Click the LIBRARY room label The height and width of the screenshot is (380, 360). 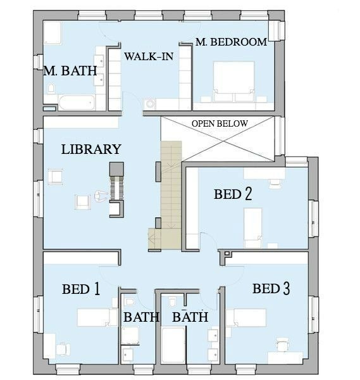tap(91, 149)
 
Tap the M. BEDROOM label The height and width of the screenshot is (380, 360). tap(231, 42)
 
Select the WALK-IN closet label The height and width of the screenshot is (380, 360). tap(149, 56)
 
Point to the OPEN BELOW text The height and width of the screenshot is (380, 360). tap(220, 123)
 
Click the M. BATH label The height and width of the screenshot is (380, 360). tap(70, 71)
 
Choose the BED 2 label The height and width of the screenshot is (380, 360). tap(233, 194)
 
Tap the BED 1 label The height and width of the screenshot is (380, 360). tap(81, 289)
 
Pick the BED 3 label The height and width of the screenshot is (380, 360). tap(271, 289)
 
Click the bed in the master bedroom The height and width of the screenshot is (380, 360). tap(233, 82)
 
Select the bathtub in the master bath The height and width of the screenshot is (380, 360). tap(77, 102)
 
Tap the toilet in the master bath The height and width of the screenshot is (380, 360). tap(51, 88)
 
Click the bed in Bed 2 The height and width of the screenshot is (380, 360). tap(252, 228)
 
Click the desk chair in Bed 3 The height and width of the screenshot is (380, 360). tap(283, 345)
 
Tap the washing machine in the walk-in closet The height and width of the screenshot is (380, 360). tap(150, 104)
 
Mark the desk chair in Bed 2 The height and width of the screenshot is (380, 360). tap(275, 184)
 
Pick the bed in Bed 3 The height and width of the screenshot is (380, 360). tap(246, 318)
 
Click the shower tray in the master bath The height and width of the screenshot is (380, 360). tap(52, 33)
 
